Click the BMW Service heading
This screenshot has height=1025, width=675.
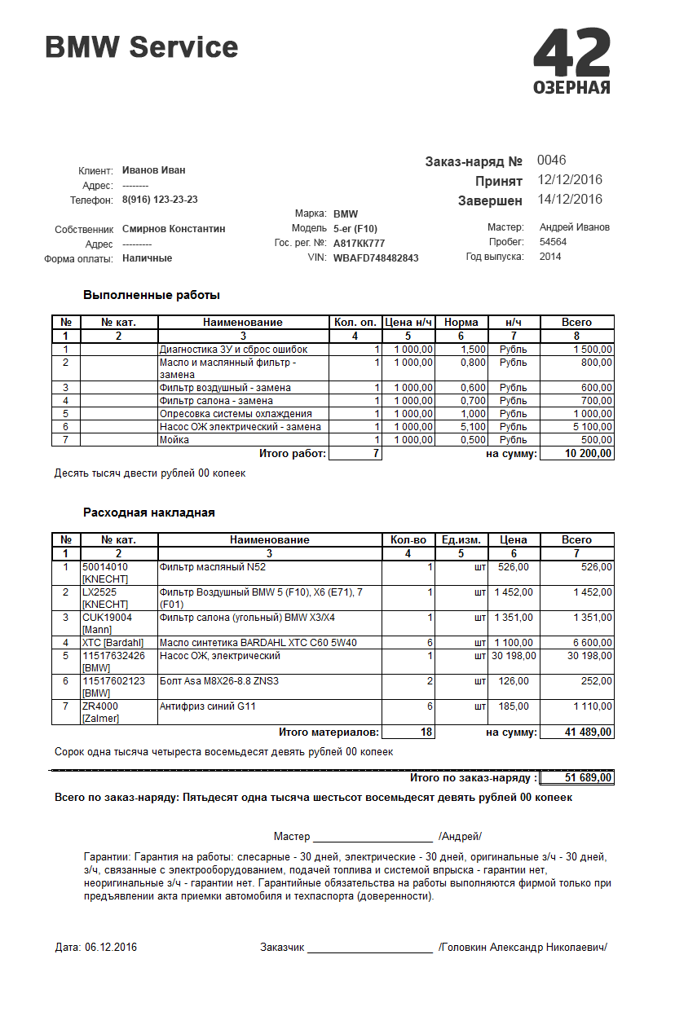click(x=142, y=47)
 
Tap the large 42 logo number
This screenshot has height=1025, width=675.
click(x=571, y=53)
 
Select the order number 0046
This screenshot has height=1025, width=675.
click(x=551, y=161)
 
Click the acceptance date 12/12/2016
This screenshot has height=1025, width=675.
click(x=570, y=180)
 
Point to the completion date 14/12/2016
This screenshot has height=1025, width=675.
click(x=570, y=200)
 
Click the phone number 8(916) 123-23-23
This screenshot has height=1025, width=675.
click(x=160, y=200)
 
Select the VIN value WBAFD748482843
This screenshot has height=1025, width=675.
click(x=376, y=258)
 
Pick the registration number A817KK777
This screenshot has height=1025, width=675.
click(x=359, y=244)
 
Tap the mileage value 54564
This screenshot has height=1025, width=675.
click(x=553, y=242)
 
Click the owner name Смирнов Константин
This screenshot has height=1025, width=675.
click(x=174, y=229)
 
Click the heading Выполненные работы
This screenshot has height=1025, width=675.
click(x=152, y=295)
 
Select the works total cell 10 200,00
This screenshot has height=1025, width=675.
click(x=588, y=454)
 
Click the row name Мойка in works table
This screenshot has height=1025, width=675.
click(x=174, y=440)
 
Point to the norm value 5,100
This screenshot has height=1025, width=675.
click(x=474, y=427)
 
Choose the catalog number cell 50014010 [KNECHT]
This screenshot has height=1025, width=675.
click(x=105, y=573)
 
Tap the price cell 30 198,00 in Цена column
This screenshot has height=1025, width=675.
click(x=514, y=656)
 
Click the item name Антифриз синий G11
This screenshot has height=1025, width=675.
click(x=208, y=706)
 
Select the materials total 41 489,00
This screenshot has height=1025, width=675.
click(x=588, y=733)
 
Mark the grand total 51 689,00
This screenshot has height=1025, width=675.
click(x=588, y=778)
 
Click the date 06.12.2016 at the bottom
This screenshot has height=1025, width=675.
click(x=110, y=948)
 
